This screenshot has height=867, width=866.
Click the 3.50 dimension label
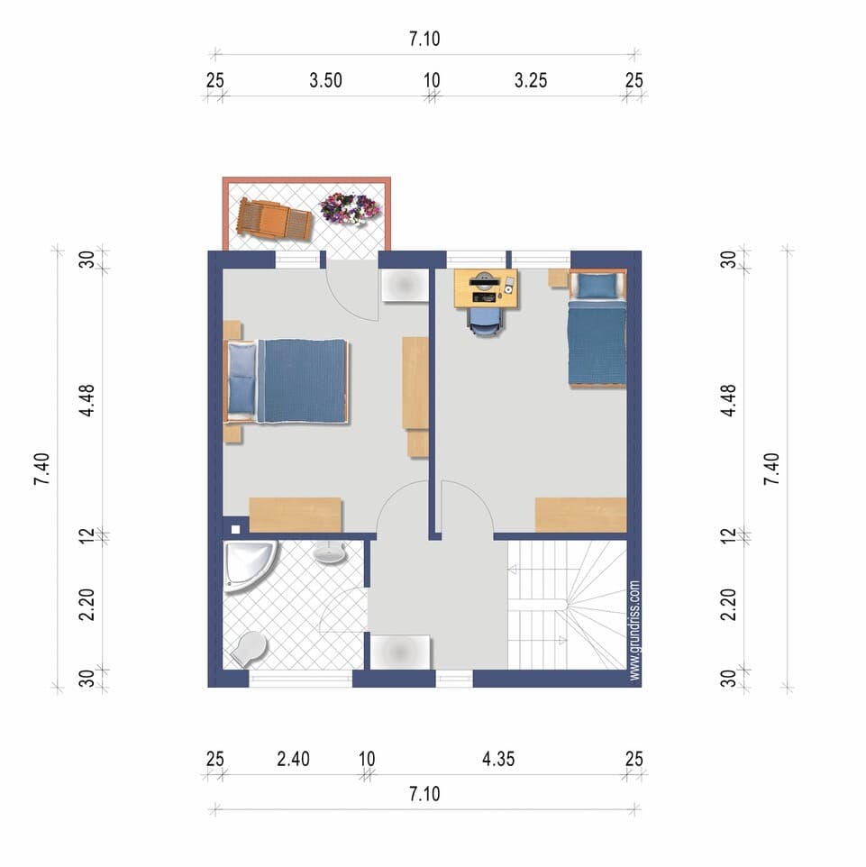click(x=325, y=81)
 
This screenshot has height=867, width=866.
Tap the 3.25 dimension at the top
click(x=531, y=81)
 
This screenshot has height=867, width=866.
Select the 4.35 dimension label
click(x=498, y=759)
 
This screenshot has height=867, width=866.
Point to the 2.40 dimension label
click(x=293, y=759)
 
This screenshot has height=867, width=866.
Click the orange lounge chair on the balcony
click(x=275, y=220)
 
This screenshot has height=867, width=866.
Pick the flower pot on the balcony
click(x=350, y=208)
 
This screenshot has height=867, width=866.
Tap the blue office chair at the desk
click(x=486, y=322)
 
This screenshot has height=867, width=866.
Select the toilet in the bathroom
click(x=249, y=649)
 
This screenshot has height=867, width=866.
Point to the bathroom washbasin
click(x=330, y=552)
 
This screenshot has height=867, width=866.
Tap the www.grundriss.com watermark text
click(x=635, y=630)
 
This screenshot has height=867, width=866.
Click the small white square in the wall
click(x=235, y=529)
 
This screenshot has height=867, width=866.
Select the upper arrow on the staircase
click(x=512, y=570)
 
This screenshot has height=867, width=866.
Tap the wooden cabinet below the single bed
click(x=580, y=515)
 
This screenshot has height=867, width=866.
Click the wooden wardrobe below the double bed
click(x=296, y=515)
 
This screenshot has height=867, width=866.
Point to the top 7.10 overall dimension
click(x=424, y=39)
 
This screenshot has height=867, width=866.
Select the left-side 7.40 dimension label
click(x=42, y=469)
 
